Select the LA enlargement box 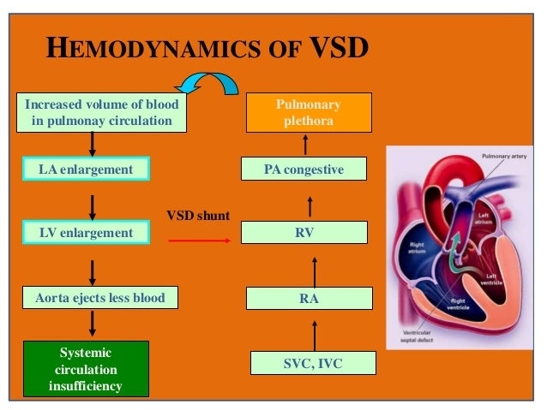(x=86, y=169)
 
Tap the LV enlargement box (x=86, y=232)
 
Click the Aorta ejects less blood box (x=100, y=298)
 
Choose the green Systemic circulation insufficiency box (x=86, y=369)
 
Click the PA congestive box (x=304, y=169)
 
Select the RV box (x=304, y=232)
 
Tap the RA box (x=310, y=298)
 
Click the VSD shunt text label (x=197, y=216)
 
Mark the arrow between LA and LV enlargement (x=92, y=201)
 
